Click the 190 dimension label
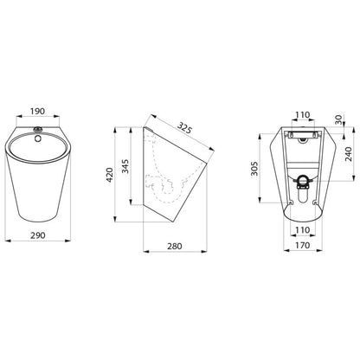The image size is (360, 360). tap(38, 111)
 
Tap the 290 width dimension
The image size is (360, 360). tap(38, 235)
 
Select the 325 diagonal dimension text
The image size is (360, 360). tap(184, 128)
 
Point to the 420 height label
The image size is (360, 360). tap(110, 175)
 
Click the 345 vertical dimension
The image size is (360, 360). tap(125, 166)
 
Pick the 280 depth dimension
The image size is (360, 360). tap(175, 246)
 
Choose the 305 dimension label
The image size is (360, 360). tap(254, 169)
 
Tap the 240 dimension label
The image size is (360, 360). tap(349, 154)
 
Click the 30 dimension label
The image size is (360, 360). tap(338, 119)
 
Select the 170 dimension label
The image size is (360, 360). tap(303, 245)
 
